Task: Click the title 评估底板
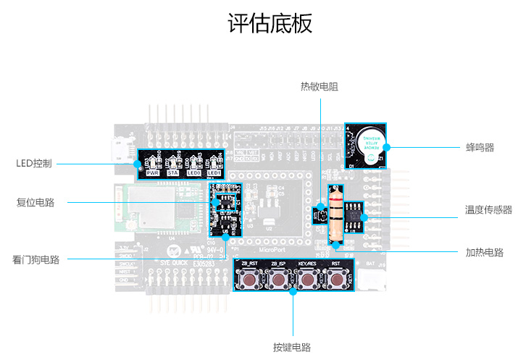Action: [270, 23]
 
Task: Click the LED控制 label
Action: [34, 163]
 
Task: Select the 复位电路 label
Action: [36, 202]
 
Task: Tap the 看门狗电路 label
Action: [36, 259]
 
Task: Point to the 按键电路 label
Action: [292, 347]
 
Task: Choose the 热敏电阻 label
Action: [320, 86]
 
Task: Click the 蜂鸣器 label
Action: [480, 147]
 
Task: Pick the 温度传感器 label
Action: [488, 210]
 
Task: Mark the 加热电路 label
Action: [484, 253]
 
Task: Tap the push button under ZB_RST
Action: [249, 279]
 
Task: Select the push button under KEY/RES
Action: [307, 279]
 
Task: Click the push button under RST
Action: [336, 279]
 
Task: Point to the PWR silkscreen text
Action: [153, 174]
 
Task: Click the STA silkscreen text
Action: [173, 174]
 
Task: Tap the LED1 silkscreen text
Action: [214, 174]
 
